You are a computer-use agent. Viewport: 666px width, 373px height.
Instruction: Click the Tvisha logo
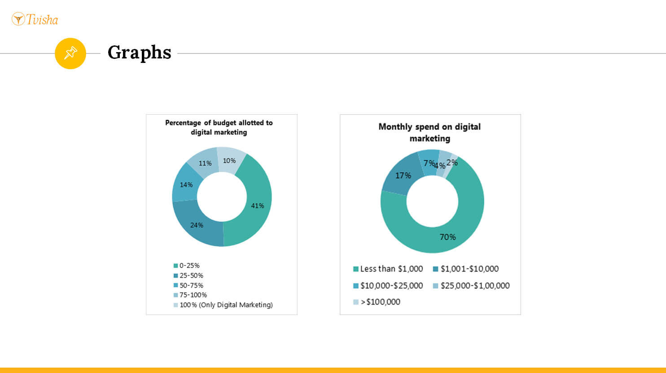(35, 19)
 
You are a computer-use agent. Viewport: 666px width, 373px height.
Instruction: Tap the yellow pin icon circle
(70, 53)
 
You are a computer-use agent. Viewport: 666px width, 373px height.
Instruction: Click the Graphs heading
(139, 52)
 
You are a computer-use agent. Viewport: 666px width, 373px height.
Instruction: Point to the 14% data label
(186, 185)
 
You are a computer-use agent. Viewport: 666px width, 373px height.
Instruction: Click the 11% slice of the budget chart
(205, 163)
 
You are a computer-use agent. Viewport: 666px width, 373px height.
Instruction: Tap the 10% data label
(229, 160)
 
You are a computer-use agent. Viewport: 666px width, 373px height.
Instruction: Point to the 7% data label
(429, 163)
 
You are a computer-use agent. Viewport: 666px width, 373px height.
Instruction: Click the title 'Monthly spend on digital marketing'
(429, 132)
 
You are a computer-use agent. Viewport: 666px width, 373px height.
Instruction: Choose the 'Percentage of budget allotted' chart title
(219, 127)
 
